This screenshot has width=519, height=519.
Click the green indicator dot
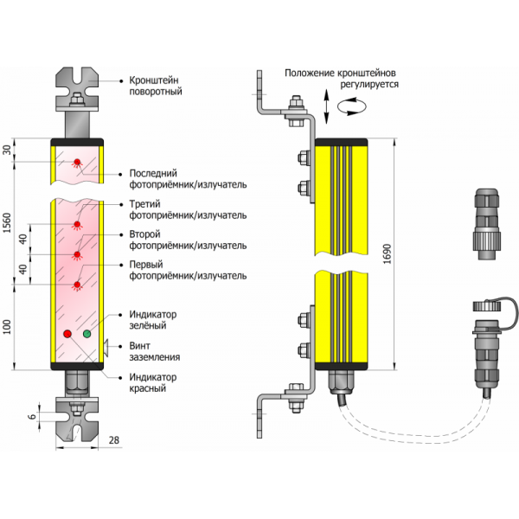pos(86,333)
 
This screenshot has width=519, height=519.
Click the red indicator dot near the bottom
pos(67,333)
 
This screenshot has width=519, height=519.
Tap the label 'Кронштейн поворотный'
pos(155,85)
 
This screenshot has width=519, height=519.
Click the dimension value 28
pos(113,441)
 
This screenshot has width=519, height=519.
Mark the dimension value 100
pos(9,326)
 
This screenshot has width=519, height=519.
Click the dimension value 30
pos(9,151)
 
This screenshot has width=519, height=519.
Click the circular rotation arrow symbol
pos(351,104)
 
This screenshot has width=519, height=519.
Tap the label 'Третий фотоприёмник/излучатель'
pos(187,209)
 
